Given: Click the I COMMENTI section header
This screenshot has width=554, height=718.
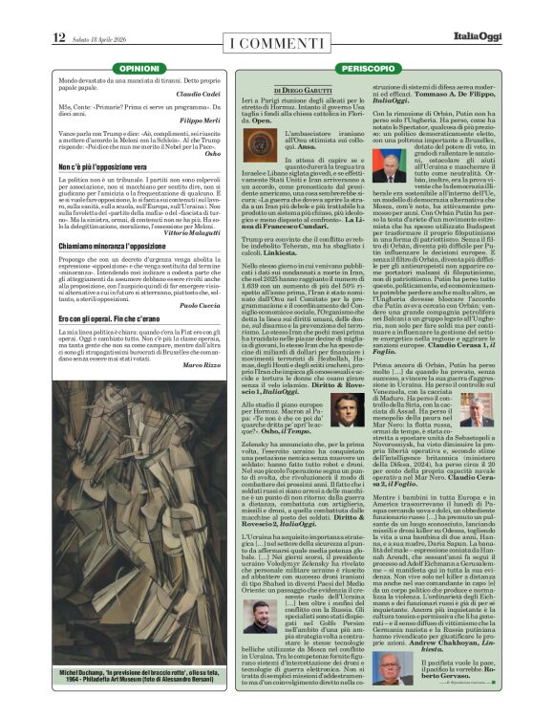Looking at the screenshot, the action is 276,41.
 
